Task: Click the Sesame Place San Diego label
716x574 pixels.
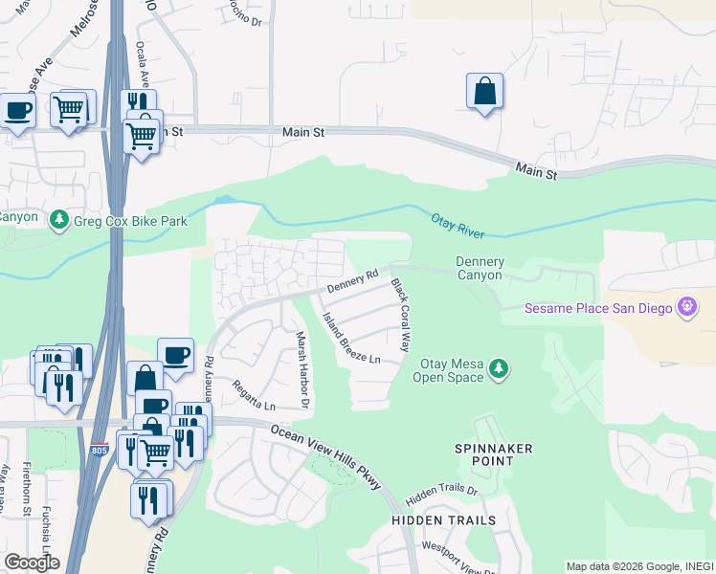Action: click(x=600, y=308)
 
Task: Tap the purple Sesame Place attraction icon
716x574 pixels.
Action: click(x=686, y=307)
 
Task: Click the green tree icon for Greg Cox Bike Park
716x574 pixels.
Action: click(x=60, y=220)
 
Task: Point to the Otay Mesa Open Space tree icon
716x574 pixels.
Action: click(x=498, y=368)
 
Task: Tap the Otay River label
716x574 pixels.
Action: click(x=458, y=226)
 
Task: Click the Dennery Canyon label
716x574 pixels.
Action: click(x=479, y=268)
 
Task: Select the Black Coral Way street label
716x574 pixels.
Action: click(x=406, y=315)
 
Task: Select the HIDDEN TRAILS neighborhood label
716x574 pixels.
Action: click(x=443, y=520)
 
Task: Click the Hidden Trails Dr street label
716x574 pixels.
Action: click(x=441, y=495)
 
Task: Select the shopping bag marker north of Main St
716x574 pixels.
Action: click(x=485, y=91)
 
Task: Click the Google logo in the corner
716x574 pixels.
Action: click(x=32, y=562)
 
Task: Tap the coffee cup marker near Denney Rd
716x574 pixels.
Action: click(x=175, y=356)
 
